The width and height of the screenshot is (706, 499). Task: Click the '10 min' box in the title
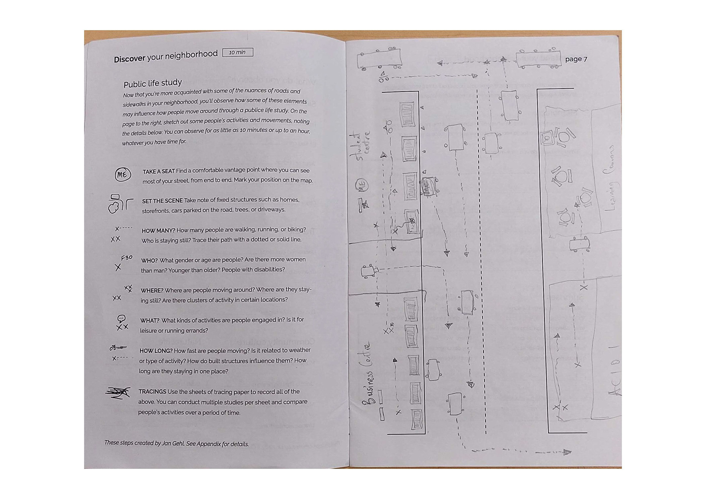(238, 53)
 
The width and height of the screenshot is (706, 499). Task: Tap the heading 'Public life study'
(153, 83)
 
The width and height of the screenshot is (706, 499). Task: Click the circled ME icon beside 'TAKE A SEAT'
(122, 175)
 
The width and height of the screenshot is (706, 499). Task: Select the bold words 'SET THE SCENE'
(162, 201)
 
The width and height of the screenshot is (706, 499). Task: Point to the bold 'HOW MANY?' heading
(158, 230)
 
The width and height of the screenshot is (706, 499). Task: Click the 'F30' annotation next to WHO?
(126, 258)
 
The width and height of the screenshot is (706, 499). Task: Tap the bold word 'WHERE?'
(151, 290)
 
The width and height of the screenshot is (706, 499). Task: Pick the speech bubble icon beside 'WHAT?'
(121, 318)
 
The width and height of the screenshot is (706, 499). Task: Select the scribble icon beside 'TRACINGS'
(118, 392)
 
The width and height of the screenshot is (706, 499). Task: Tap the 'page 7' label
(576, 59)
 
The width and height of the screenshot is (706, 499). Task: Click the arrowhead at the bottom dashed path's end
(567, 452)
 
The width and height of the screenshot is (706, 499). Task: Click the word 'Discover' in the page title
(129, 59)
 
